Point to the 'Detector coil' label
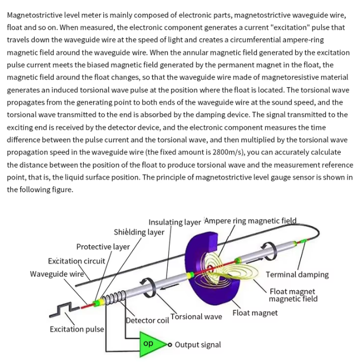click(x=147, y=320)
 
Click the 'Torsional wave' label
click(x=196, y=317)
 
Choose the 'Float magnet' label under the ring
click(x=255, y=313)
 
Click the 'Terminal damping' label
click(x=297, y=274)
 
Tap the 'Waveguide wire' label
click(x=56, y=274)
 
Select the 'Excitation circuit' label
click(x=76, y=261)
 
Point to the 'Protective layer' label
click(x=103, y=246)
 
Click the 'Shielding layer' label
click(x=139, y=232)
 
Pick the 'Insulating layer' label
click(x=174, y=222)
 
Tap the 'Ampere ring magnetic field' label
click(x=250, y=221)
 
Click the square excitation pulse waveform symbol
click(x=62, y=311)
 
